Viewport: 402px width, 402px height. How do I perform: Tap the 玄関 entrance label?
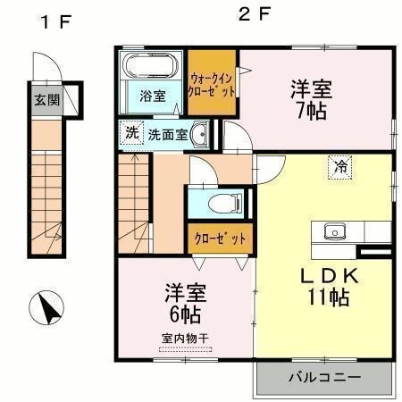[47, 99]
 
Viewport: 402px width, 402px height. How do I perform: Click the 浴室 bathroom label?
[152, 96]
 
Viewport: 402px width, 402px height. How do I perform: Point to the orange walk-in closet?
[212, 83]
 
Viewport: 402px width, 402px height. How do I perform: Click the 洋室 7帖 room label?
[310, 100]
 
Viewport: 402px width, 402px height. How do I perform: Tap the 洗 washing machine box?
[131, 134]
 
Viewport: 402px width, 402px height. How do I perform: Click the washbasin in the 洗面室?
[201, 136]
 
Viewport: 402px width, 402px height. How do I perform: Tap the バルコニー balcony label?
[324, 378]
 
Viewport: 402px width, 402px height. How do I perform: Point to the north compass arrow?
[48, 308]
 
